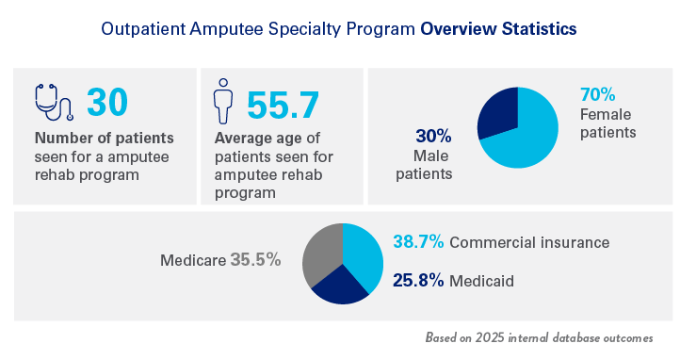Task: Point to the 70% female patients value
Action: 597,95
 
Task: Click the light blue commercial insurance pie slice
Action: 362,252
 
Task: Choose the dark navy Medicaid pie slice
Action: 339,286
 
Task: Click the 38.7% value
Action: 418,242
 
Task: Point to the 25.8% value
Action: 418,280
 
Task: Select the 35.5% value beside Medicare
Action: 255,260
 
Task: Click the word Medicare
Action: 192,260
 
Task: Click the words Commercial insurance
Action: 529,242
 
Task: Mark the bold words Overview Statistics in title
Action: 499,29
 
